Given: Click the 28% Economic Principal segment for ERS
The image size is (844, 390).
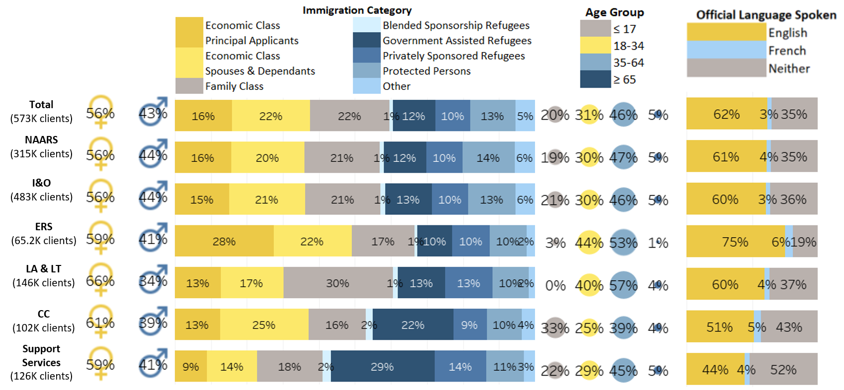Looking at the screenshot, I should click(x=224, y=241).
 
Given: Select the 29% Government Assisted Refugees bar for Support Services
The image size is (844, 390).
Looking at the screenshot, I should click(x=383, y=367).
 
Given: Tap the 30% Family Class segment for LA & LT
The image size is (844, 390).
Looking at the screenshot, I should click(x=338, y=283).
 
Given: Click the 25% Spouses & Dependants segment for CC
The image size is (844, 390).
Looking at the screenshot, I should click(x=264, y=325).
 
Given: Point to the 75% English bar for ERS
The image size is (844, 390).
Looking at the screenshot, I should click(x=735, y=242).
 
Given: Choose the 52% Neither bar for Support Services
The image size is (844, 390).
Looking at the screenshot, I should click(x=783, y=370).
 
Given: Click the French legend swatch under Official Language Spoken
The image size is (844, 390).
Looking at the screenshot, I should click(x=726, y=50).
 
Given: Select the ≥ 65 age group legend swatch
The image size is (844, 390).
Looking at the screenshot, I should click(x=595, y=79).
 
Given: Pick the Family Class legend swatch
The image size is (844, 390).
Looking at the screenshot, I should click(x=189, y=86).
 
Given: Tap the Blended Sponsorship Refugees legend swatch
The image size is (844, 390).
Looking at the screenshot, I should click(x=367, y=25).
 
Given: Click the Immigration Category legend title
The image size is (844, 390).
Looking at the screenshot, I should click(x=357, y=10).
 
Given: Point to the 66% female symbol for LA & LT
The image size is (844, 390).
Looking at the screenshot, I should click(x=100, y=281).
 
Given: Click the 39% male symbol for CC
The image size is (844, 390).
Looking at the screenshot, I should click(x=153, y=323).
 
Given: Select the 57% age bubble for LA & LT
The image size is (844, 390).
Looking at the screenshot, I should click(x=623, y=285).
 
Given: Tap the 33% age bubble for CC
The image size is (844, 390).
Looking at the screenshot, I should click(x=555, y=328).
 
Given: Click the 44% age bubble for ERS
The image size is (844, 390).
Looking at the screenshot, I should click(x=589, y=243).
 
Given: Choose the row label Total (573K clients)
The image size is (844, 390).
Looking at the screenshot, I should click(x=41, y=111).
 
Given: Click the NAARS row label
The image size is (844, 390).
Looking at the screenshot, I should click(x=41, y=146).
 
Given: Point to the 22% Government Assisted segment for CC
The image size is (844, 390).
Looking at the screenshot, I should click(x=413, y=325).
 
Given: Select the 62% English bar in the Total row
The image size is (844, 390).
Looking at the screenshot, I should click(x=726, y=114).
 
